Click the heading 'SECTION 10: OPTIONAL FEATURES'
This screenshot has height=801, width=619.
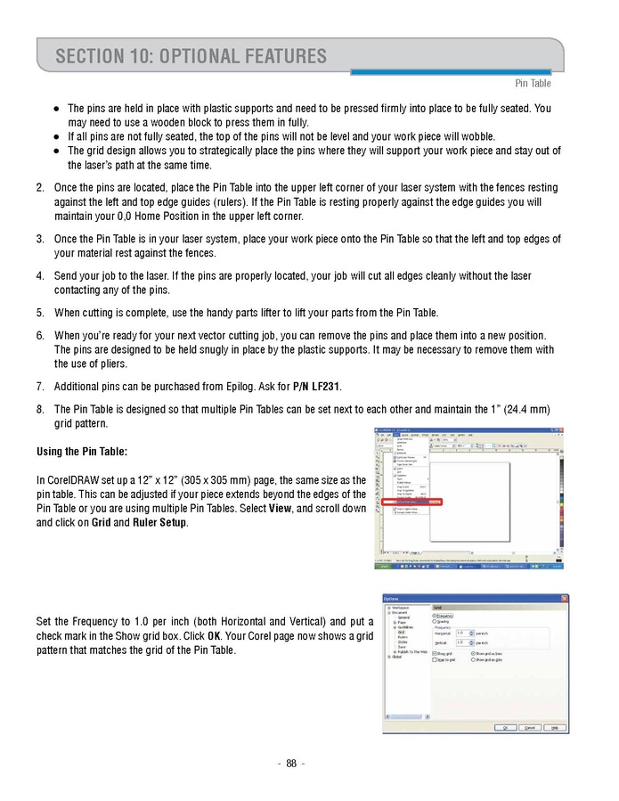[x=191, y=57]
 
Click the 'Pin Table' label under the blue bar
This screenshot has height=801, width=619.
[x=533, y=84]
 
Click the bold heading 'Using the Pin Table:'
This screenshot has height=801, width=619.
[x=82, y=452]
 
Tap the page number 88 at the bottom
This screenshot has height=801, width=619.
[x=290, y=763]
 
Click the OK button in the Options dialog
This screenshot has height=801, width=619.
[x=505, y=727]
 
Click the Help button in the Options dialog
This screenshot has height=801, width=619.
[x=555, y=727]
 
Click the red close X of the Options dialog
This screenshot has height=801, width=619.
[x=564, y=598]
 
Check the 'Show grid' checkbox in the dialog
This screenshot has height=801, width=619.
[x=435, y=653]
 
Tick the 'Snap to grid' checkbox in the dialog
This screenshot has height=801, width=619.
[x=435, y=660]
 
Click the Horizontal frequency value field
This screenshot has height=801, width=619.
[x=461, y=633]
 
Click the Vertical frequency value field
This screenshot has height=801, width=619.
[x=461, y=642]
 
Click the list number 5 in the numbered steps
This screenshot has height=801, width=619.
[x=40, y=313]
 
